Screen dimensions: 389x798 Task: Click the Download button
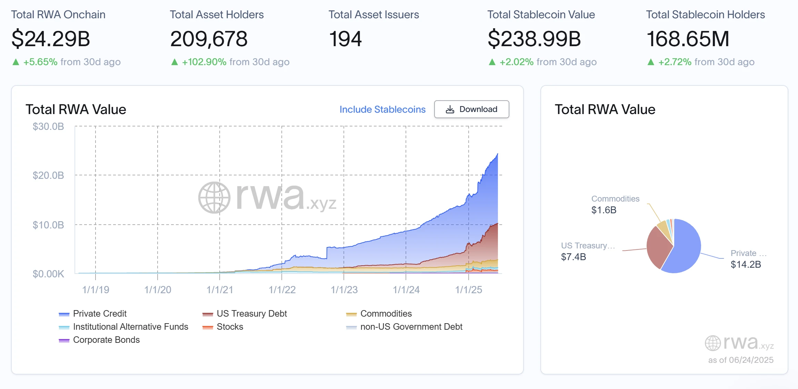click(x=471, y=109)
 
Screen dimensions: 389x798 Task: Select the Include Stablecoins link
click(x=382, y=109)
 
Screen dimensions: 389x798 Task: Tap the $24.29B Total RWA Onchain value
click(x=51, y=39)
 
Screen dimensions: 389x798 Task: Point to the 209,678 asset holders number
click(x=209, y=39)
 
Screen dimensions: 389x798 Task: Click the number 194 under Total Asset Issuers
click(x=345, y=39)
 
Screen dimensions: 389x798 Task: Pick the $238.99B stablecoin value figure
click(x=534, y=39)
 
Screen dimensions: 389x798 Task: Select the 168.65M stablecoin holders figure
click(x=688, y=39)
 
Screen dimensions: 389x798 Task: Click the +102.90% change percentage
click(x=204, y=62)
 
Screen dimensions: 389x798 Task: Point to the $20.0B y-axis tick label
click(x=48, y=175)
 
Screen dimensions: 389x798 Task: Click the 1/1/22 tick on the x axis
click(x=282, y=290)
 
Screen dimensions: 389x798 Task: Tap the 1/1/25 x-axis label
click(x=468, y=290)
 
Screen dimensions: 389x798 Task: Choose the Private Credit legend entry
click(x=99, y=314)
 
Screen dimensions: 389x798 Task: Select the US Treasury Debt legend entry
click(x=251, y=314)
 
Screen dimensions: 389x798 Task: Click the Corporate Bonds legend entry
click(x=106, y=340)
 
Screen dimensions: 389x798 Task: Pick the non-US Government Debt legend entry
click(x=411, y=327)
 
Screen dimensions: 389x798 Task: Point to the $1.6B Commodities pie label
click(x=604, y=210)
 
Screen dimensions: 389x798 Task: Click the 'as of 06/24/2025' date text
click(x=740, y=360)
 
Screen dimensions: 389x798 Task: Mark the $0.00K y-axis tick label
click(x=48, y=274)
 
